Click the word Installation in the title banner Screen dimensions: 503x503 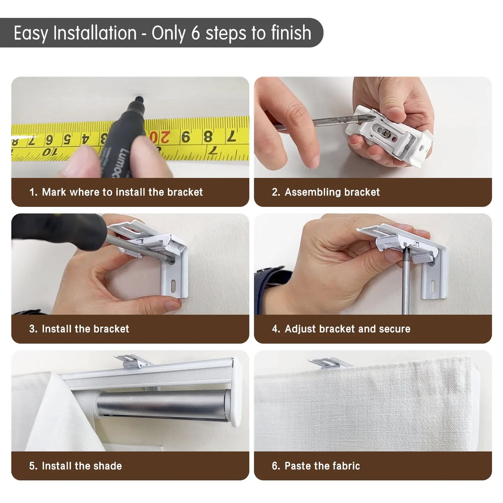point(95,33)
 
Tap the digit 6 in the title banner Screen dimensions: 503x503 point(196,33)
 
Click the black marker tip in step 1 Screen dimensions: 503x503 point(139,100)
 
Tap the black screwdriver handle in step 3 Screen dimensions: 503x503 point(59,231)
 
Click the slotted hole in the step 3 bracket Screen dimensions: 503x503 point(174,286)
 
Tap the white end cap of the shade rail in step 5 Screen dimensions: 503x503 point(236,393)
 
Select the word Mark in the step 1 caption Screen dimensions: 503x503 point(54,192)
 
